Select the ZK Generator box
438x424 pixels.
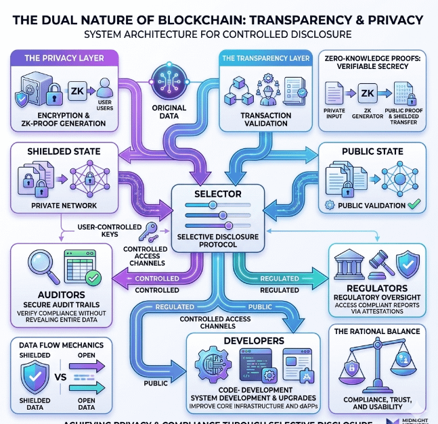(368, 93)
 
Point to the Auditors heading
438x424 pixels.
(47, 295)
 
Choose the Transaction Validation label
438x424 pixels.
(266, 120)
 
